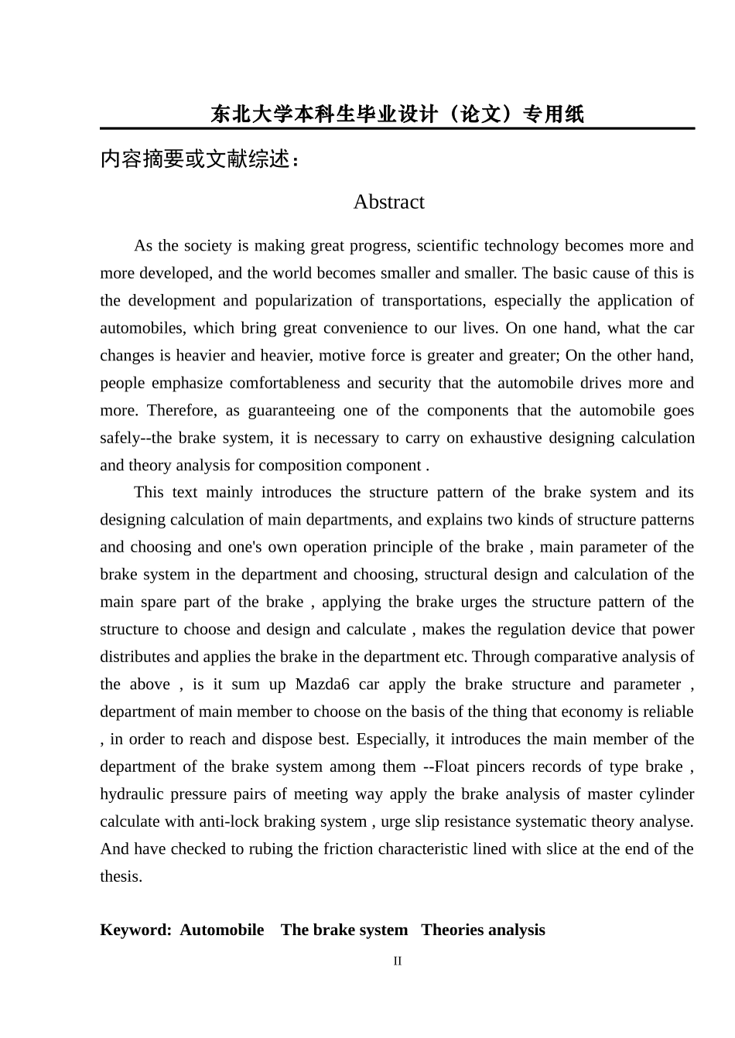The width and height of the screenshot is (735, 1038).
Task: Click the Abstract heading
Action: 388,202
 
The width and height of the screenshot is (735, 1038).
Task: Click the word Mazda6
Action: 322,685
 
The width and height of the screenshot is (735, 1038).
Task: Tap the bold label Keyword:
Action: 135,930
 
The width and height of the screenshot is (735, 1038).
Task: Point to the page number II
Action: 397,961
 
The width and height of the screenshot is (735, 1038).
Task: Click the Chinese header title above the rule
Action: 397,114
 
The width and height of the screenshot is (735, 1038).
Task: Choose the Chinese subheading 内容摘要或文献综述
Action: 199,159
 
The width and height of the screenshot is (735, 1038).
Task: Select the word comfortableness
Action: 285,383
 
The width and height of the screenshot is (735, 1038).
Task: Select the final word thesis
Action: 120,876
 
